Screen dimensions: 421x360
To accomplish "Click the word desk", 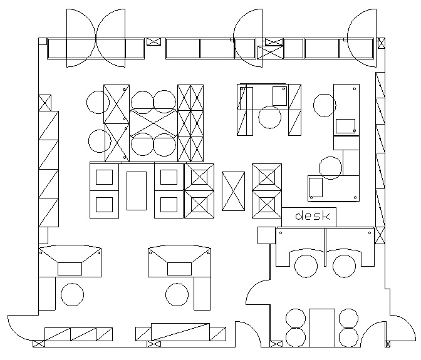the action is click(312, 215).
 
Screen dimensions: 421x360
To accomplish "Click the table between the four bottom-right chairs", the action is click(322, 328).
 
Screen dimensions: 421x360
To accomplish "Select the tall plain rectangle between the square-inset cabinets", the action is click(137, 191).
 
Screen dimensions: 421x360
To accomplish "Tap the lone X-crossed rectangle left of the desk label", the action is click(233, 191).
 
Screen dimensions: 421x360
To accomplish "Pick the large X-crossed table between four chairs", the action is click(153, 123).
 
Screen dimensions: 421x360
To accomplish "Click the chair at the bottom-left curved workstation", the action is click(72, 294).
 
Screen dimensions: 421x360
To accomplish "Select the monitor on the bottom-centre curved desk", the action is click(179, 269).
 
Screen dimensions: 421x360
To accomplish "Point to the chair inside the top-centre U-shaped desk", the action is click(269, 117).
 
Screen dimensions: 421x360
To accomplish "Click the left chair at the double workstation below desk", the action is click(306, 266).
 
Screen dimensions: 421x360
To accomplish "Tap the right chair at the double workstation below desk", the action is click(344, 266).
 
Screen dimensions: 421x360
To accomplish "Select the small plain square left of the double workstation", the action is click(267, 235).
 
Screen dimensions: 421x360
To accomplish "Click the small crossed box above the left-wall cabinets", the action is click(45, 103).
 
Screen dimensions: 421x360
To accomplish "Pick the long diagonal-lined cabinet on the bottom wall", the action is click(180, 332).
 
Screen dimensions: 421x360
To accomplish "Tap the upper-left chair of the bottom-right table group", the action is click(296, 318).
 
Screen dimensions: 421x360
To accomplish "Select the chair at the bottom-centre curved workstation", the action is click(177, 294).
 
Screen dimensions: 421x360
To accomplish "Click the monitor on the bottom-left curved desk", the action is click(70, 269).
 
